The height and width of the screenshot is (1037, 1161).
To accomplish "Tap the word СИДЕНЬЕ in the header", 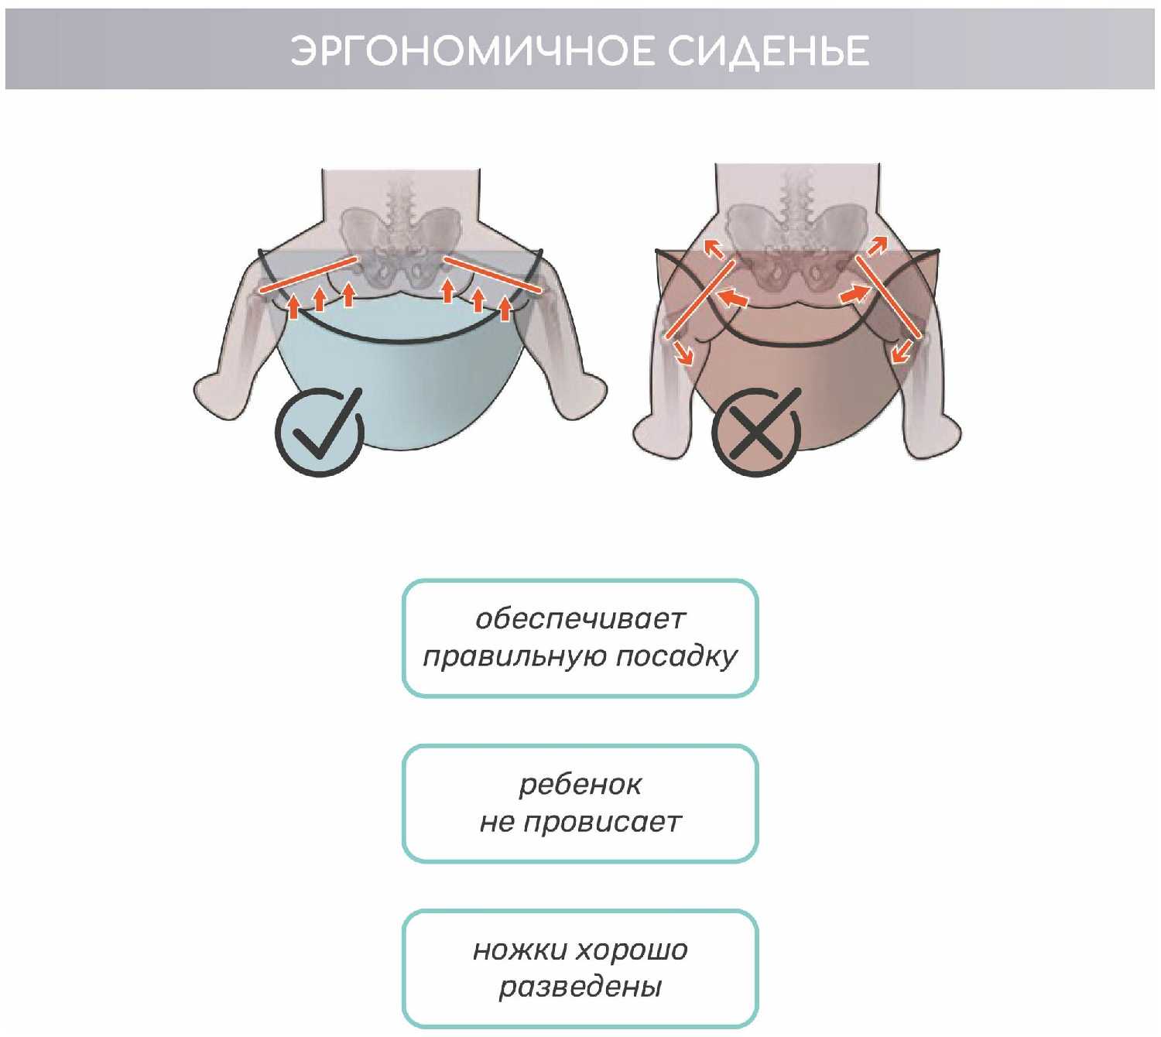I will pyautogui.click(x=768, y=51).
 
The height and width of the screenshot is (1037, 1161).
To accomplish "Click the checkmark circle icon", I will pyautogui.click(x=319, y=431).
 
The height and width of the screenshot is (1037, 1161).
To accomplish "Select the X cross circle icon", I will pyautogui.click(x=756, y=432).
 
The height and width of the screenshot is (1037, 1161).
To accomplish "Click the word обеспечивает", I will pyautogui.click(x=580, y=619).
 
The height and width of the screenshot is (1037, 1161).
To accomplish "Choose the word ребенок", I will pyautogui.click(x=580, y=785).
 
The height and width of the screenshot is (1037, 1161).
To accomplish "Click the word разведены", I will pyautogui.click(x=580, y=987).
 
